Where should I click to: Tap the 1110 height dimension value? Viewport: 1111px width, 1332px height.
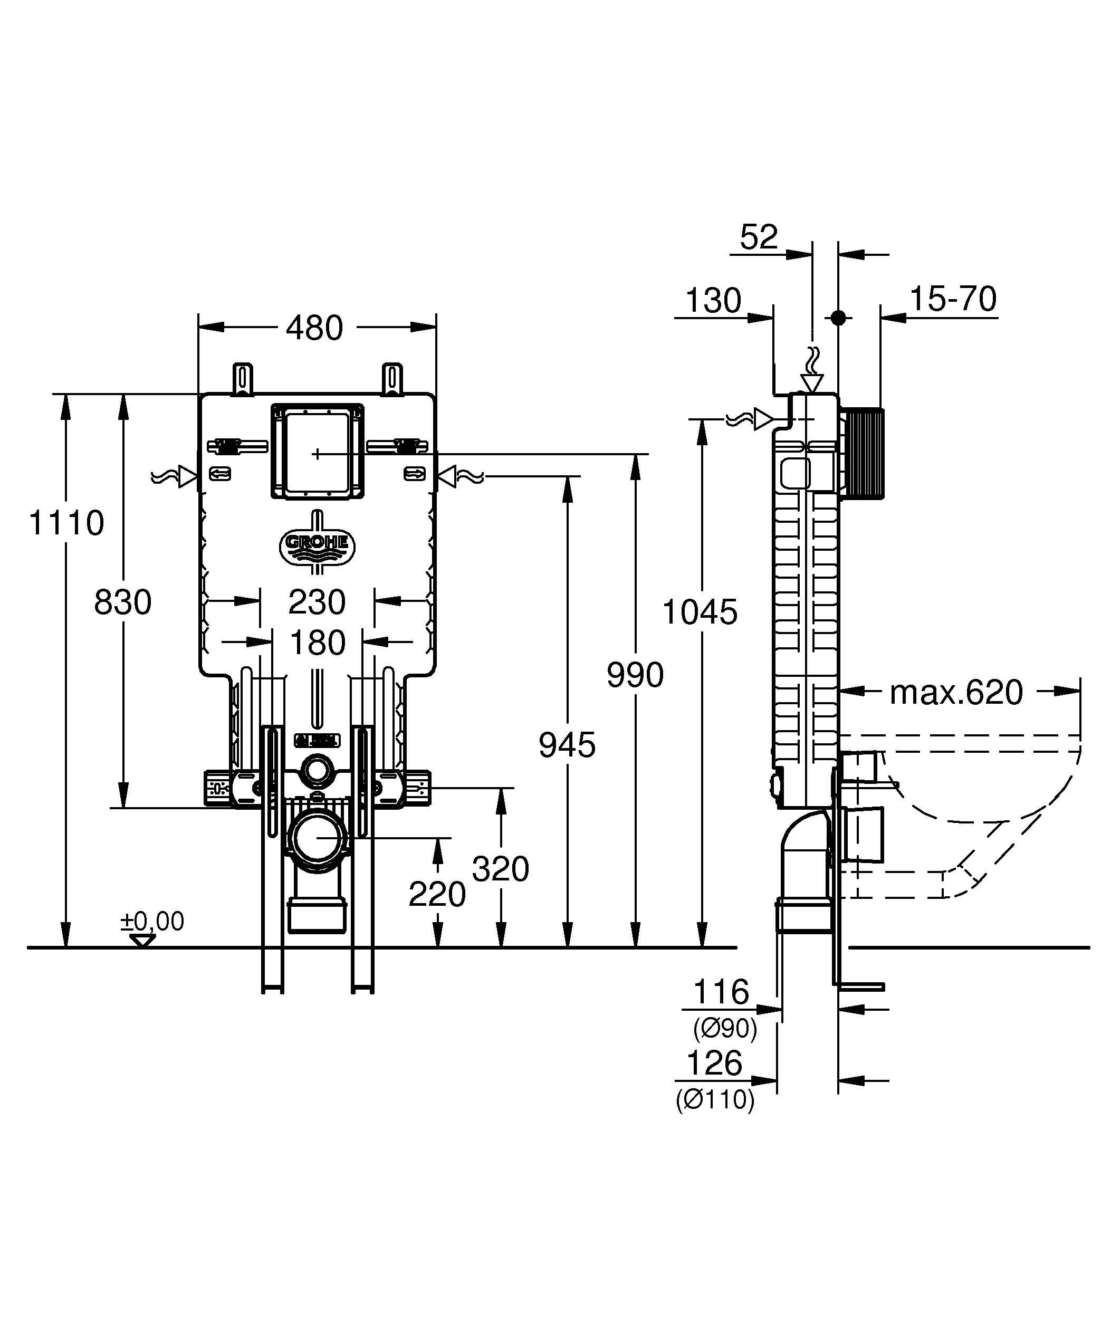pyautogui.click(x=66, y=523)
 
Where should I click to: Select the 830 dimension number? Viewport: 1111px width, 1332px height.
pyautogui.click(x=123, y=602)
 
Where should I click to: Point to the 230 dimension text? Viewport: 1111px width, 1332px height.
pyautogui.click(x=317, y=602)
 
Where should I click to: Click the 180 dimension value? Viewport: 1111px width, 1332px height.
pyautogui.click(x=317, y=643)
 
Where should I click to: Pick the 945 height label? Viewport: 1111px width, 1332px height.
pyautogui.click(x=567, y=745)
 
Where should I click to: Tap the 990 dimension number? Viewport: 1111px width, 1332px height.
pyautogui.click(x=635, y=674)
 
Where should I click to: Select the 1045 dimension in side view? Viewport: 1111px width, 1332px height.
pyautogui.click(x=700, y=612)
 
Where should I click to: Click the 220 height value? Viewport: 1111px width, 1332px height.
pyautogui.click(x=437, y=894)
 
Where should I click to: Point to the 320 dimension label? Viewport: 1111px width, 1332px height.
pyautogui.click(x=500, y=868)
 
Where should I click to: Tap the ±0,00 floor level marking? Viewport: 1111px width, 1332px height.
pyautogui.click(x=153, y=922)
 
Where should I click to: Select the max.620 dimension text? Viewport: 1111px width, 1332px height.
pyautogui.click(x=956, y=692)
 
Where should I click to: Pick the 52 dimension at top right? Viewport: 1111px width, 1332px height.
pyautogui.click(x=759, y=237)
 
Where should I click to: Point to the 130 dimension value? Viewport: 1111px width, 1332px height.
pyautogui.click(x=713, y=301)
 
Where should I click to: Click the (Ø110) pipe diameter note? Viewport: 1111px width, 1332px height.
pyautogui.click(x=715, y=1099)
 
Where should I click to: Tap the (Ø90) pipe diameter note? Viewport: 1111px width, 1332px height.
pyautogui.click(x=725, y=1028)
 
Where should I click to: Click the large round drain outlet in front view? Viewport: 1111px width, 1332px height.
pyautogui.click(x=318, y=837)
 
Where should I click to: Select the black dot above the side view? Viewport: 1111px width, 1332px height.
pyautogui.click(x=838, y=318)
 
